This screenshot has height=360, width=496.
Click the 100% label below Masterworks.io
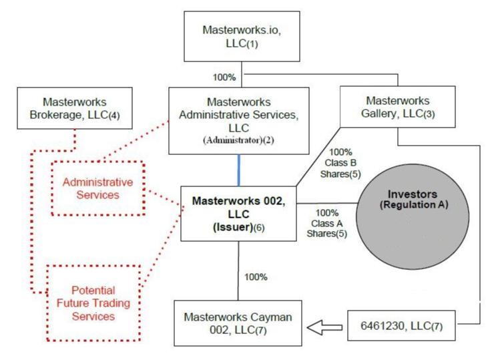point(224,77)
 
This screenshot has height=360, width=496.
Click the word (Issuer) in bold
point(228,228)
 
